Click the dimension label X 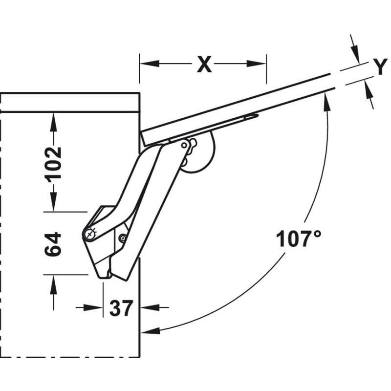204,65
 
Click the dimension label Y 380,66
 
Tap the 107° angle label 299,239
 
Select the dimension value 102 53,163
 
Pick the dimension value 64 53,244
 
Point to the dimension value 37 121,308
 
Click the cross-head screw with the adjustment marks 89,234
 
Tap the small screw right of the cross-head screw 123,238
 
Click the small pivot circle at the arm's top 184,145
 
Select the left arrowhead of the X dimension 150,64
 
